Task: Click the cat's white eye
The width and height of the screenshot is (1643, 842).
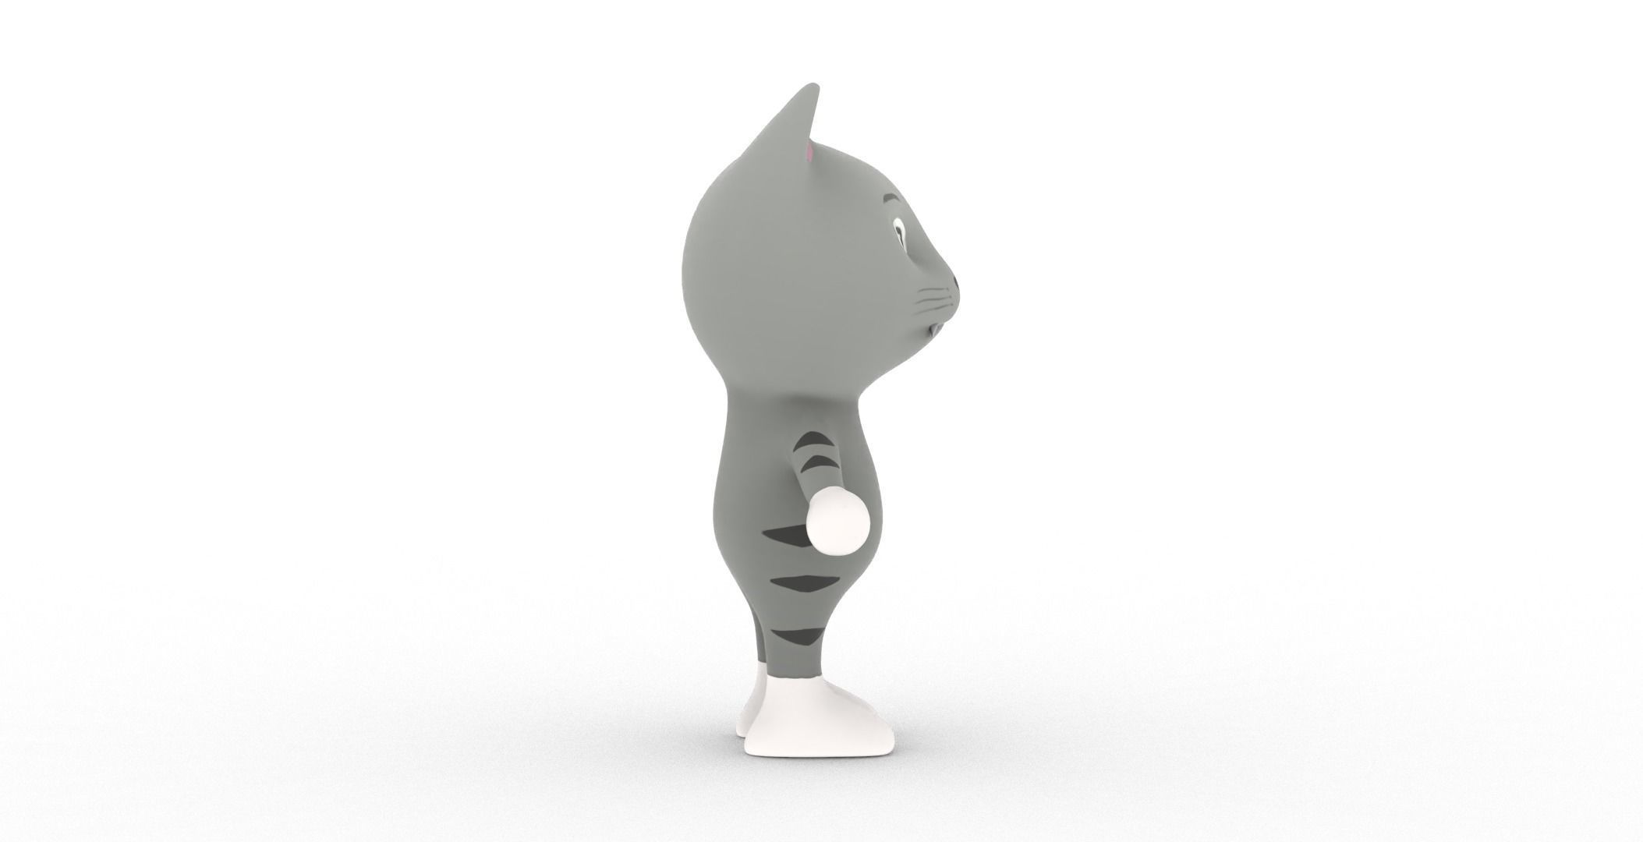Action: pos(899,231)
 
